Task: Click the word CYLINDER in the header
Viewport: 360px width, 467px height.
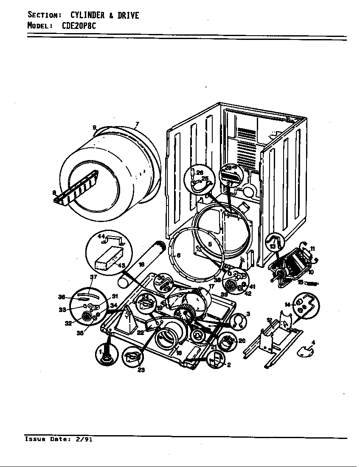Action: (x=87, y=16)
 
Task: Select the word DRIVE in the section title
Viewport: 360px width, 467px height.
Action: (x=128, y=16)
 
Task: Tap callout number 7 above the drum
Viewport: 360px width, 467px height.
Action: (x=137, y=124)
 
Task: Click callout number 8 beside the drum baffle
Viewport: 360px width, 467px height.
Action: (x=54, y=193)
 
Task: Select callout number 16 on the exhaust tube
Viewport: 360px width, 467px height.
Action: (x=142, y=264)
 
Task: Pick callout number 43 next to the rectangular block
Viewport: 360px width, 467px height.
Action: (x=121, y=265)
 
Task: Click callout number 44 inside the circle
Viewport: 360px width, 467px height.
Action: (x=101, y=236)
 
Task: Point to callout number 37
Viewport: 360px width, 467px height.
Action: (x=93, y=277)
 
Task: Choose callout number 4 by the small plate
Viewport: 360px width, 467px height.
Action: (x=313, y=342)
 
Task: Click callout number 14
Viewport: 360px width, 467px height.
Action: (x=287, y=304)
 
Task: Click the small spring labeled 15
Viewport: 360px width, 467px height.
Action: (x=312, y=283)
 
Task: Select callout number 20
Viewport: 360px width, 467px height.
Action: (x=242, y=340)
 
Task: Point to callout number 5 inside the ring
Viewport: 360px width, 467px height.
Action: (x=210, y=244)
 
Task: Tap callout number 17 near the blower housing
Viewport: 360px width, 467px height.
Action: (x=211, y=287)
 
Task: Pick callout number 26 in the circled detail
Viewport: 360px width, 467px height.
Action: (x=200, y=173)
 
